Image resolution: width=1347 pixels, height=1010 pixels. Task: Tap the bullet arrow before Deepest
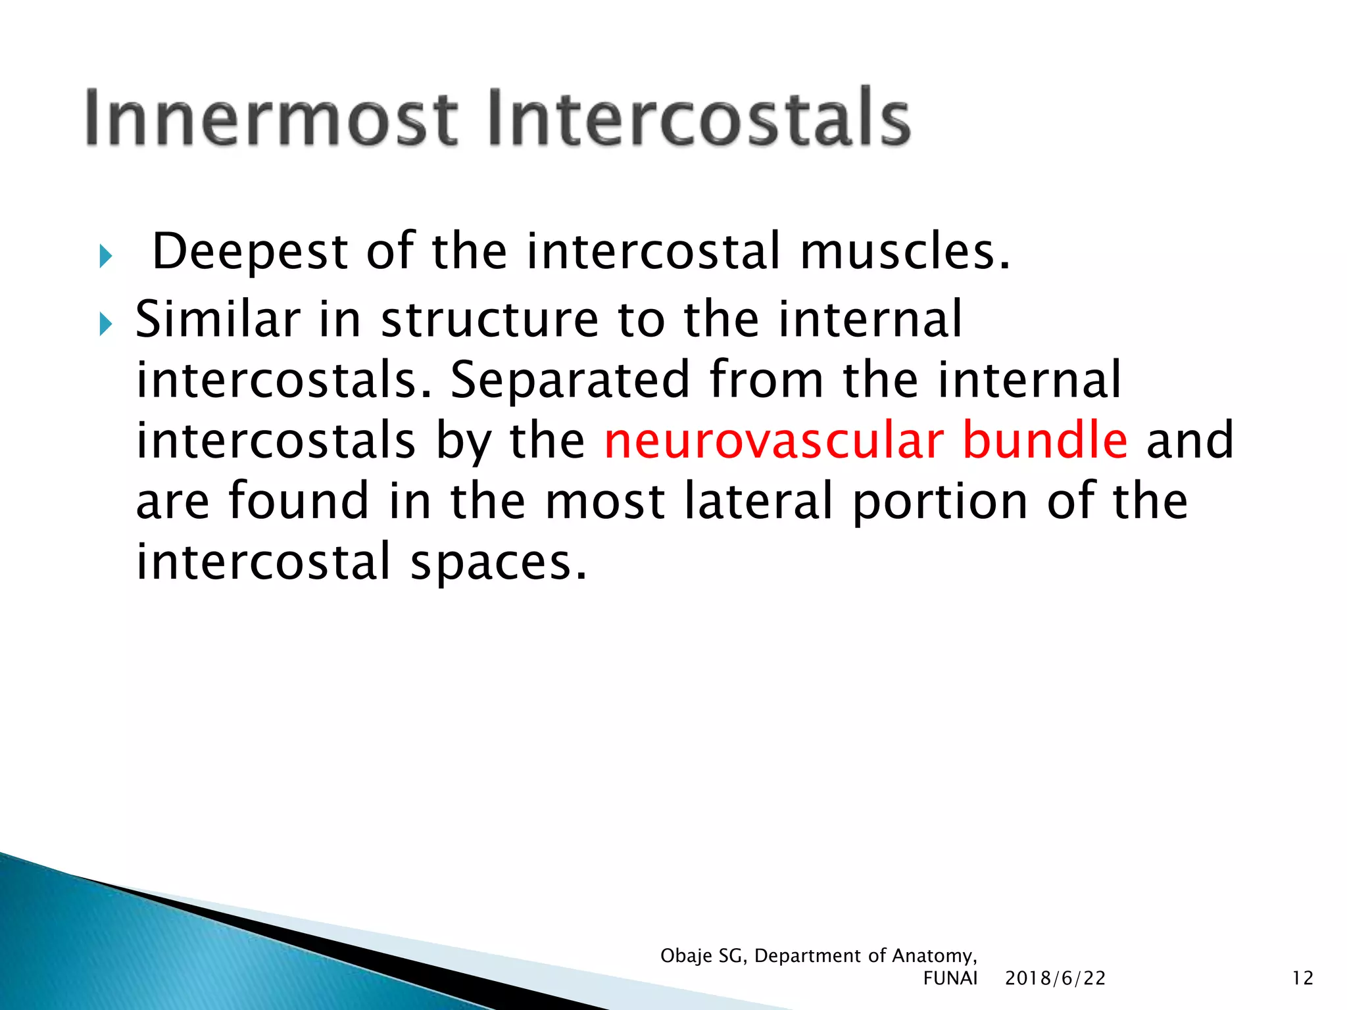(106, 256)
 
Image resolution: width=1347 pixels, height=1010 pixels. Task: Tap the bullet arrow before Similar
(106, 324)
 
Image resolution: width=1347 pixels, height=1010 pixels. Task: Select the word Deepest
(250, 252)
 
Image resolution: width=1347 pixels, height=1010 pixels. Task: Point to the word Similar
(218, 320)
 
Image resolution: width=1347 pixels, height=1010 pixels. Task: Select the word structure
(489, 320)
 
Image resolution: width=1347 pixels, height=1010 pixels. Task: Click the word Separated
(570, 381)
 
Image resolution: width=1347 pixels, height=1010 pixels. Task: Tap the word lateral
(759, 501)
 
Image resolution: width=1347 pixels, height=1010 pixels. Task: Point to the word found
(299, 501)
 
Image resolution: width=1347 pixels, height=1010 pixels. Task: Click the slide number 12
(1302, 978)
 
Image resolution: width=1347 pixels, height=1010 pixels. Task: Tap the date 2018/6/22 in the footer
(1055, 978)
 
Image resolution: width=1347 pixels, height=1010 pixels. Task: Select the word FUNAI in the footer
(950, 978)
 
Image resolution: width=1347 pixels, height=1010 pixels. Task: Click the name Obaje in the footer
(686, 956)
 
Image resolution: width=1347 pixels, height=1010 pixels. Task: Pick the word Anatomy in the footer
(933, 956)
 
